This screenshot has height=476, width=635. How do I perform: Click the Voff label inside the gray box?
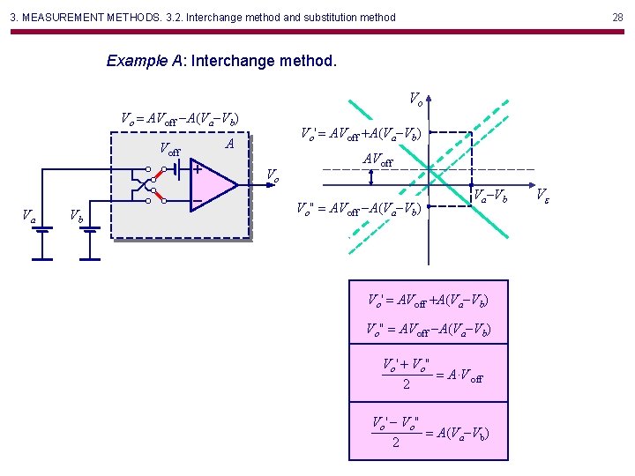tap(170, 151)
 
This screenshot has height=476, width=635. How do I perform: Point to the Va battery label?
tap(29, 215)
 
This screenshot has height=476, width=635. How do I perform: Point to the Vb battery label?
tap(78, 216)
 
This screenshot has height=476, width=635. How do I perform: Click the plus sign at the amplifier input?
tap(198, 168)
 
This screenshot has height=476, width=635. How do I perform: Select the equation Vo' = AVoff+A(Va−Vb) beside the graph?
tap(361, 134)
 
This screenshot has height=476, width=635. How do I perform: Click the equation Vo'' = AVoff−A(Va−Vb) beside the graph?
tap(361, 209)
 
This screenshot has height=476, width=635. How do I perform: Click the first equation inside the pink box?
tap(428, 301)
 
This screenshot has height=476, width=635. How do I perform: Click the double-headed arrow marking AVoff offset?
tap(371, 177)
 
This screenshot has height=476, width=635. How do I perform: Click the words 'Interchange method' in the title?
tap(264, 62)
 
